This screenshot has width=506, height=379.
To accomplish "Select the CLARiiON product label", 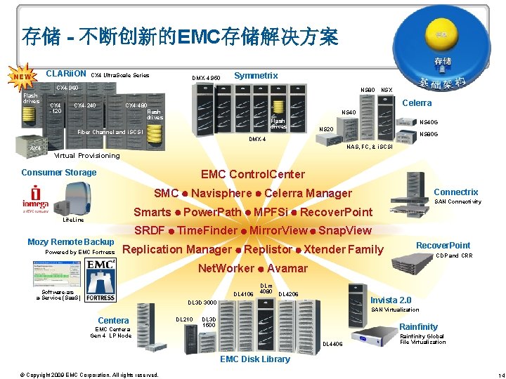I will click(x=65, y=74).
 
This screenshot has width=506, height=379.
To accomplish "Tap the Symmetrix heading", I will click(x=256, y=75).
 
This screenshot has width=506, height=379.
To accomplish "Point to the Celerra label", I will click(x=417, y=103).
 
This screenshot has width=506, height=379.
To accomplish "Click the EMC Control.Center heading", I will click(x=253, y=174).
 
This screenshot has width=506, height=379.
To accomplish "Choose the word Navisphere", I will click(x=221, y=193).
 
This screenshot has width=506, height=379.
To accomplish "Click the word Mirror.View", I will click(x=278, y=231).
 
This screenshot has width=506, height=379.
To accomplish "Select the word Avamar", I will click(x=287, y=268).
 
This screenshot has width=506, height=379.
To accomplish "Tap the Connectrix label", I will click(x=456, y=192).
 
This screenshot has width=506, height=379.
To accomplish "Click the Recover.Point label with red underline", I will click(x=443, y=246).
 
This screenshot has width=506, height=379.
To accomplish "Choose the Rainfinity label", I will click(x=418, y=326).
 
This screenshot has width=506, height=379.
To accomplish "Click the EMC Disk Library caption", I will click(x=255, y=359).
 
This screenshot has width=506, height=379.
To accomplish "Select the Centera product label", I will click(x=113, y=321).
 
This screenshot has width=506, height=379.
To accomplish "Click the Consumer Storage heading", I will click(x=59, y=173).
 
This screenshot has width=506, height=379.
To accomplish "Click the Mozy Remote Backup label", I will click(x=70, y=242).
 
